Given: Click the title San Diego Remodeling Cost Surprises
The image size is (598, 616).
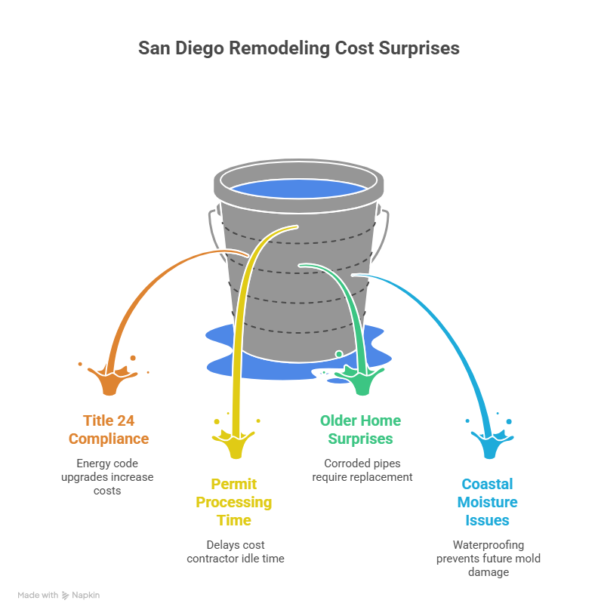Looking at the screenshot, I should click(298, 48).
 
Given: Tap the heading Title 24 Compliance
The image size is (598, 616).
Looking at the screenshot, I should click(109, 430).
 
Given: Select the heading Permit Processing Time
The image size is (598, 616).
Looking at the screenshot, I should click(233, 502).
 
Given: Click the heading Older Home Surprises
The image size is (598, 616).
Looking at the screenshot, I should click(360, 430).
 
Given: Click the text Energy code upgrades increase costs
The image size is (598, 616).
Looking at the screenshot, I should click(109, 476).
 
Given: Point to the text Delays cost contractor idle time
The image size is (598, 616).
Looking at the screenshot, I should click(235, 551).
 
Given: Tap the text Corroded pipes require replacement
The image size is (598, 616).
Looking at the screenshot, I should click(362, 470).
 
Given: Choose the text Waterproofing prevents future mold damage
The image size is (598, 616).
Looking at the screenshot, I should click(488, 558).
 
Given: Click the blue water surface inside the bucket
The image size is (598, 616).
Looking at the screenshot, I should click(298, 191).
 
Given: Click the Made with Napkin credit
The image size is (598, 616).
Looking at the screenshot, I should click(59, 595).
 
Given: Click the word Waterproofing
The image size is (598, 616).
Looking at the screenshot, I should click(488, 544).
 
